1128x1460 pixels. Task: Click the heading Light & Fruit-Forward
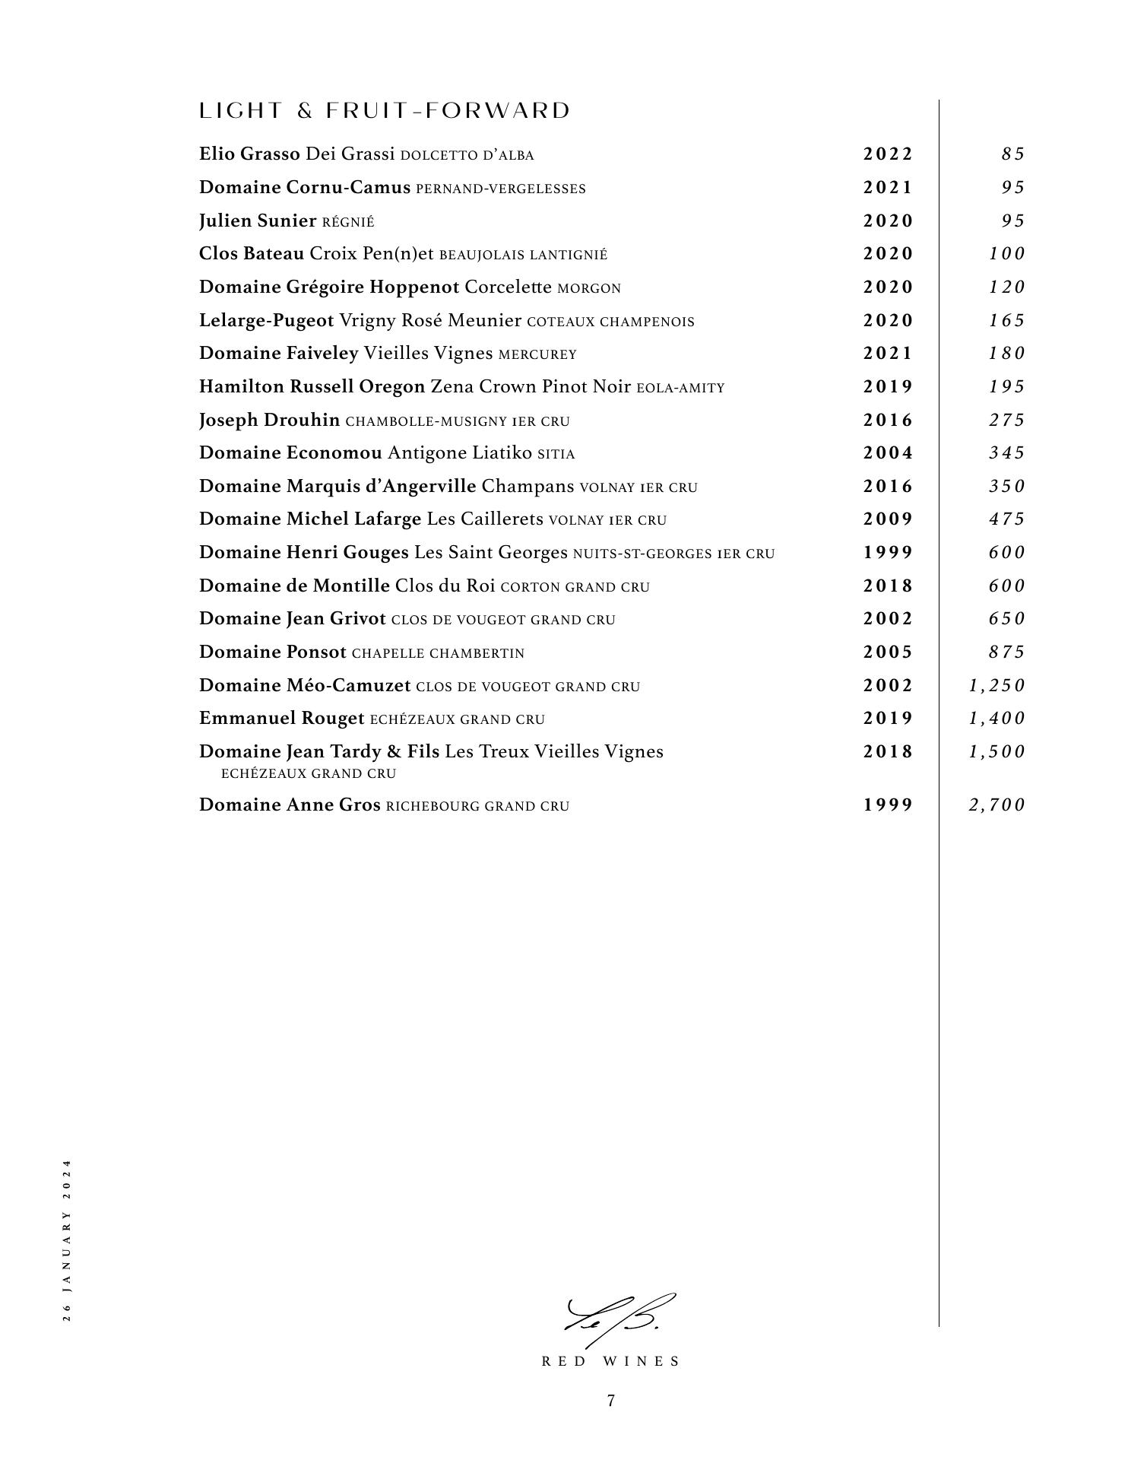coord(384,111)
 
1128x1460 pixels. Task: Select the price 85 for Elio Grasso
coord(1012,154)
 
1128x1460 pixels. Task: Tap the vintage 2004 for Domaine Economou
coord(887,453)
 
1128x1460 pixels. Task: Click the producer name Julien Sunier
coord(257,221)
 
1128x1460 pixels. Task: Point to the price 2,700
coord(997,805)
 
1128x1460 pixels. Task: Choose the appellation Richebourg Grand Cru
coord(477,806)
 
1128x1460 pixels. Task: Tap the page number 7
coord(610,1401)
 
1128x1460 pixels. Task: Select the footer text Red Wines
coord(610,1362)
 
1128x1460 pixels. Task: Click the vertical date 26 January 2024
coord(67,1240)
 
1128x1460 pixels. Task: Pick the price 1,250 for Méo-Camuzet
coord(997,686)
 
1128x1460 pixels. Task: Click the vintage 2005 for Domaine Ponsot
coord(887,652)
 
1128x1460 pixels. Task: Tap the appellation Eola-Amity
coord(680,389)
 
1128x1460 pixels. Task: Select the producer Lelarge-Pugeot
coord(266,321)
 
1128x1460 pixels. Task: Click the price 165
coord(1006,321)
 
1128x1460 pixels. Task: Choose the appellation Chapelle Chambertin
coord(438,653)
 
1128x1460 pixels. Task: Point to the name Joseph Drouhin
coord(269,421)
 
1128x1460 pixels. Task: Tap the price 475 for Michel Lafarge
coord(1006,519)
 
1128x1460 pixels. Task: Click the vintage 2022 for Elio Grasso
coord(887,154)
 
